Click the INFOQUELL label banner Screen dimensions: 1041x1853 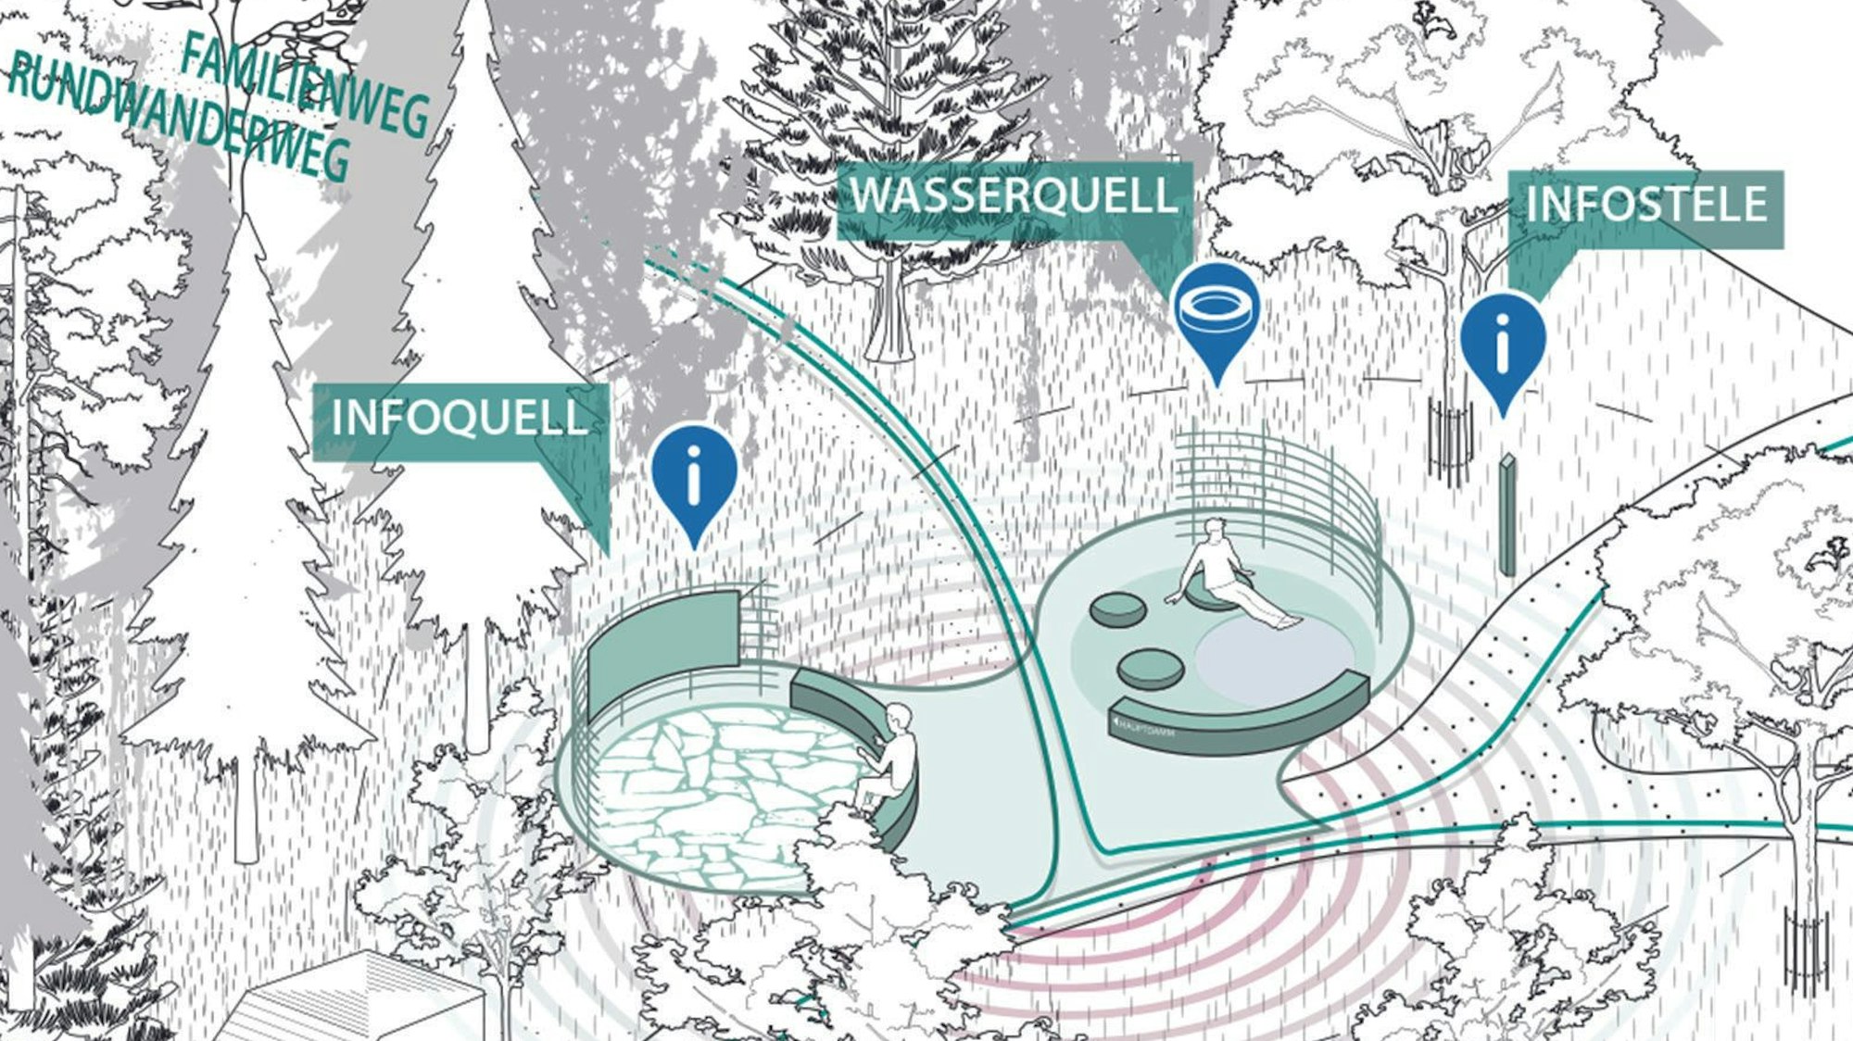coord(459,419)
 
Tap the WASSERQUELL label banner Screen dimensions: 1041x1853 coord(1014,197)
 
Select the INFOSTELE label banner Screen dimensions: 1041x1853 coord(1645,206)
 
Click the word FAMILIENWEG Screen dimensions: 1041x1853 coord(306,88)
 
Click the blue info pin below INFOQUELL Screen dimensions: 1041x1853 coord(694,477)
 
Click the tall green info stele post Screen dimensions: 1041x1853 coord(1507,514)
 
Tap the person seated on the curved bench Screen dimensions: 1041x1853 coord(889,759)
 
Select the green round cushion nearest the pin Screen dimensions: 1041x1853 coord(1119,609)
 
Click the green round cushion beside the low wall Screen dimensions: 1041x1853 coord(1150,667)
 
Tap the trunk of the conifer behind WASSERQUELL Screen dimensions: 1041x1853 coord(889,310)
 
